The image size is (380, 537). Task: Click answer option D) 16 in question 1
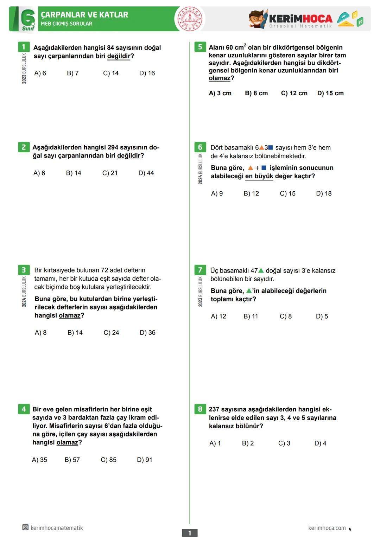147,73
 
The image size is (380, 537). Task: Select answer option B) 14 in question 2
74,173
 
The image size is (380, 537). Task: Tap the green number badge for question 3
24,270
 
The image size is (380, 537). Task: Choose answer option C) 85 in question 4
108,460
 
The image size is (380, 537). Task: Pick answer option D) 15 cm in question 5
330,93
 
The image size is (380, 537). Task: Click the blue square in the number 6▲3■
271,148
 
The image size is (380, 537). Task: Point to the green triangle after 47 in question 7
261,270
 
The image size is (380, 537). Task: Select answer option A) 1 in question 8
215,443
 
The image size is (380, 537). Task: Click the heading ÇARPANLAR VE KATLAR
84,15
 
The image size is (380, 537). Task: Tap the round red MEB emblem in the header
190,19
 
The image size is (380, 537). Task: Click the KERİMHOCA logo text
301,19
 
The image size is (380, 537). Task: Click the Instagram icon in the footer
25,528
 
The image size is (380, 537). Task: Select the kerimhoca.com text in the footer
327,528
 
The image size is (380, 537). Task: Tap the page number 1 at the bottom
190,533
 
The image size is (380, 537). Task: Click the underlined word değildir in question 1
119,56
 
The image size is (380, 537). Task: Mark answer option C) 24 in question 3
111,333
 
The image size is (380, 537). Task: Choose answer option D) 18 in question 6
324,193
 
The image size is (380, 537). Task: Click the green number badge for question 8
200,409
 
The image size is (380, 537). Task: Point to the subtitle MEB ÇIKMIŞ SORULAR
66,24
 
